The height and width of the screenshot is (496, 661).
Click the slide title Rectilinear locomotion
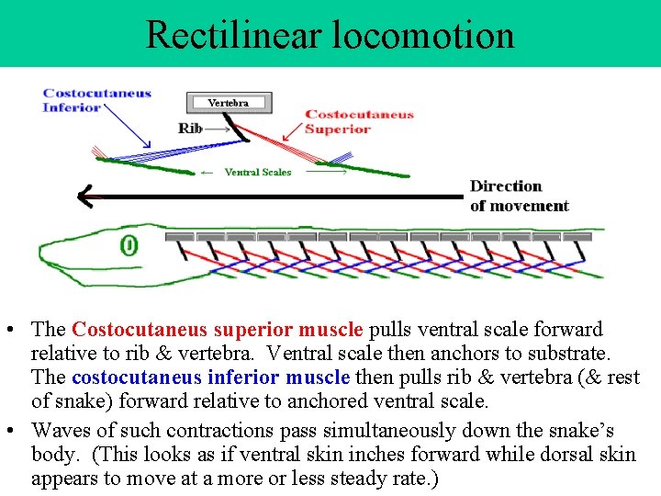coord(330,35)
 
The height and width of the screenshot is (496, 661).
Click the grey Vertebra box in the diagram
coord(228,102)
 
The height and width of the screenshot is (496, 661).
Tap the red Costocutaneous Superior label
coord(359,122)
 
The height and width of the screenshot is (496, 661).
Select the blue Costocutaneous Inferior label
coord(96,100)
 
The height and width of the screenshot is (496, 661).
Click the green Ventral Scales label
coord(257,172)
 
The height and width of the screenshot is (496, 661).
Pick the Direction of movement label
coord(519,197)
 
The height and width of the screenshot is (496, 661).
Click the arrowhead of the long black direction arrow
coord(84,196)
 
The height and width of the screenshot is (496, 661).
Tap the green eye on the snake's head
coord(129,245)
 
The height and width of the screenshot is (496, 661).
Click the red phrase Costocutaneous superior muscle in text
coord(218,329)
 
